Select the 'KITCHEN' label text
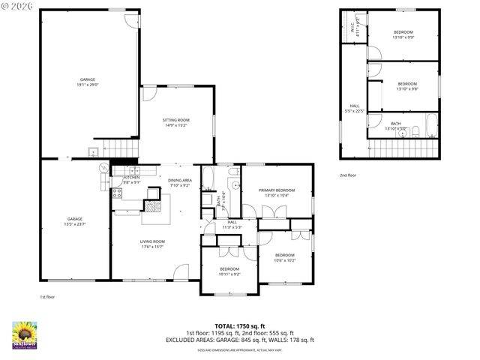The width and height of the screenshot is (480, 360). (122, 177)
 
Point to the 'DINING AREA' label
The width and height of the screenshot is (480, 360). (180, 180)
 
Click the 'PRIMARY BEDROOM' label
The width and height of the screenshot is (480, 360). (277, 190)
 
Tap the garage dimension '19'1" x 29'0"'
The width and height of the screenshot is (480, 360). (88, 85)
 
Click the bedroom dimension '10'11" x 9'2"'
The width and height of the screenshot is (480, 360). (229, 274)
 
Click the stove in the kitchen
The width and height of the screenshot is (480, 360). (117, 193)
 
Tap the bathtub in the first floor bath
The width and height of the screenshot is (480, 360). (209, 179)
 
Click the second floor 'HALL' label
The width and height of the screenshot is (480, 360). (354, 106)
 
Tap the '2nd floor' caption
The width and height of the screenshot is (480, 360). (348, 175)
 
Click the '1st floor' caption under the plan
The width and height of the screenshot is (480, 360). (47, 296)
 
